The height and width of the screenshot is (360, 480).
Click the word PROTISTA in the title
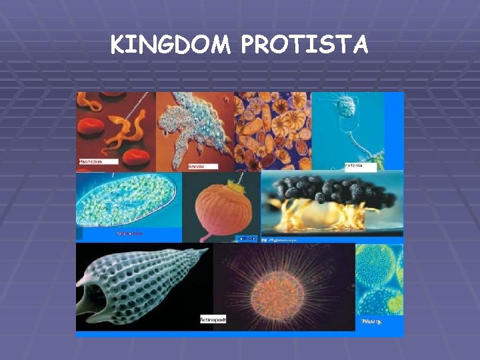pyautogui.click(x=304, y=45)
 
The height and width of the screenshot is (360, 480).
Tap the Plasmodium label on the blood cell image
pyautogui.click(x=97, y=162)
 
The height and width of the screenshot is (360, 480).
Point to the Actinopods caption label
pyautogui.click(x=213, y=319)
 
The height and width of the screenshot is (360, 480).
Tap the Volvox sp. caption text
pyautogui.click(x=371, y=321)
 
